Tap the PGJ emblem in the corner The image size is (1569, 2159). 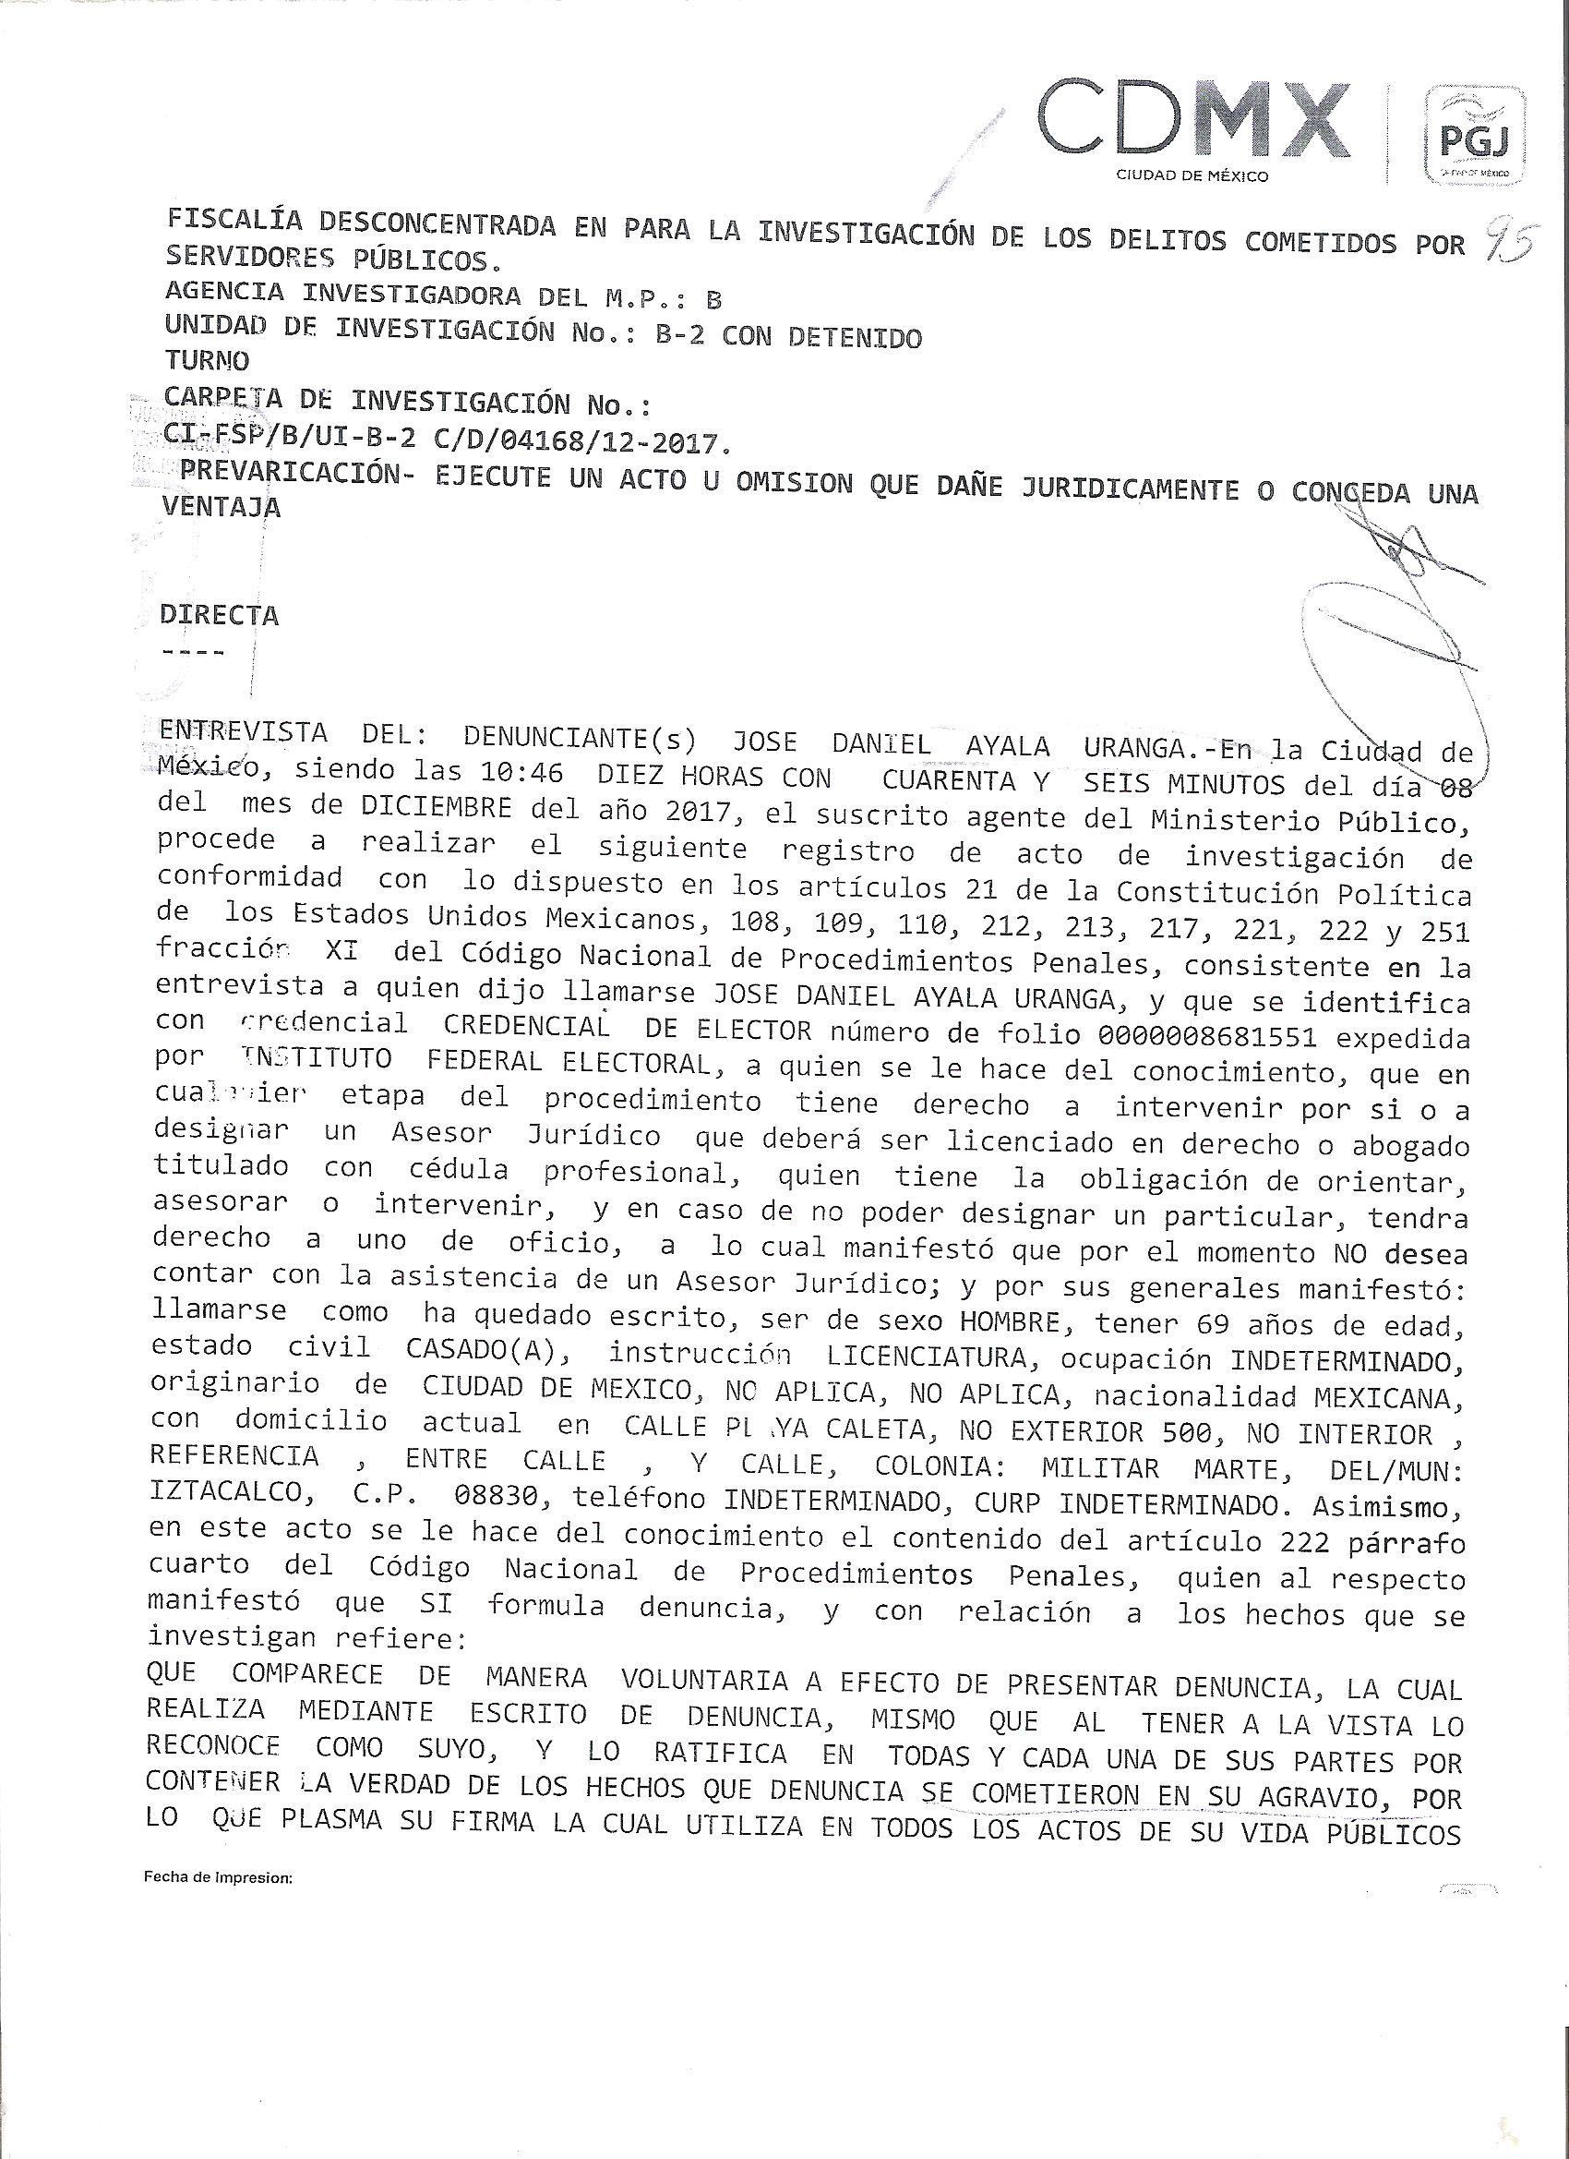pos(1474,134)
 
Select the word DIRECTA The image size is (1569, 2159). pos(220,615)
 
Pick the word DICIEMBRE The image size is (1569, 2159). pos(437,807)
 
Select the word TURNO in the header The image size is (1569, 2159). pos(207,361)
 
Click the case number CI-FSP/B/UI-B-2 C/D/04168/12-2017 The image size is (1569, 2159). pos(448,440)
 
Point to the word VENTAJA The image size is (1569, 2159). pos(222,506)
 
